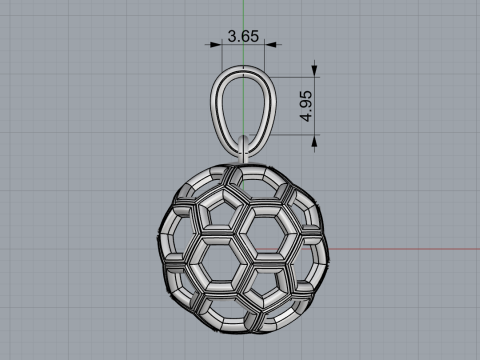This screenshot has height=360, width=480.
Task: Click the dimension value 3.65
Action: click(x=243, y=36)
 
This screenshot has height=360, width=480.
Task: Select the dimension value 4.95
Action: click(x=306, y=106)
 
